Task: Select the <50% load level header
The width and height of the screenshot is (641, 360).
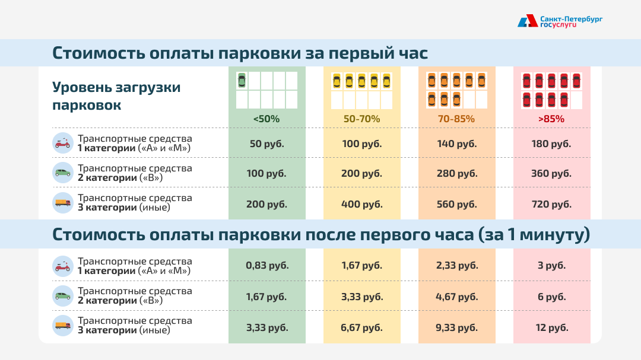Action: (266, 119)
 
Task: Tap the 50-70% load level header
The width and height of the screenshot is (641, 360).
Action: (361, 119)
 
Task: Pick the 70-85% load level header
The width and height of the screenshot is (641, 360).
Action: (456, 119)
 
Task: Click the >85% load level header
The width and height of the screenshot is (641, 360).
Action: (551, 119)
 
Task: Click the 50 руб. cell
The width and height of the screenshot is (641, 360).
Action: (266, 144)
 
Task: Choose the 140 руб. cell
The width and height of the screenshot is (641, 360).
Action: (456, 144)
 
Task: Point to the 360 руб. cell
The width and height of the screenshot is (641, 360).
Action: (551, 173)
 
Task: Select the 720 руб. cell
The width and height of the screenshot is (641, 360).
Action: (551, 204)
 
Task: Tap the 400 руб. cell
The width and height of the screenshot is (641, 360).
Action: (361, 204)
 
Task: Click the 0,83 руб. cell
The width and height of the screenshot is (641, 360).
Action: (266, 265)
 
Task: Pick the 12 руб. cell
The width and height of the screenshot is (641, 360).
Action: (551, 327)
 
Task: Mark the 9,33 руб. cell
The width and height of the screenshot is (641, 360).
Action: (456, 327)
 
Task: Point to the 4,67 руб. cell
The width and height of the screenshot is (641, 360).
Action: (456, 297)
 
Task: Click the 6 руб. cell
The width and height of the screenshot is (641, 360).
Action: (551, 297)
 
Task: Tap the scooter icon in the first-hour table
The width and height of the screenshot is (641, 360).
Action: (62, 143)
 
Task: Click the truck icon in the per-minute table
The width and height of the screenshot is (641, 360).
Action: (62, 326)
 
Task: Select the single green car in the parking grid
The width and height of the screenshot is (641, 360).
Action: (242, 80)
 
